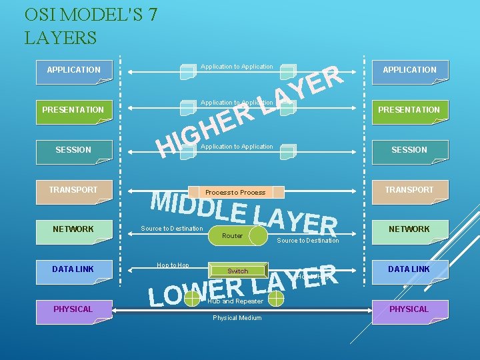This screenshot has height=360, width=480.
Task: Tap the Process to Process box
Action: [x=236, y=192]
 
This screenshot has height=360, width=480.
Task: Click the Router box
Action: [x=233, y=235]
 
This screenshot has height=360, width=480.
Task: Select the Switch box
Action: [x=237, y=271]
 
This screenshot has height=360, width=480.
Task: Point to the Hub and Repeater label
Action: [x=235, y=301]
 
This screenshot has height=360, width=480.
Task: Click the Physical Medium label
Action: [x=237, y=317]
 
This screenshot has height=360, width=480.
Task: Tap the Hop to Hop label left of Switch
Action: [x=173, y=265]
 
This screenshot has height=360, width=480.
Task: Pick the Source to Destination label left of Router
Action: [x=171, y=229]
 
